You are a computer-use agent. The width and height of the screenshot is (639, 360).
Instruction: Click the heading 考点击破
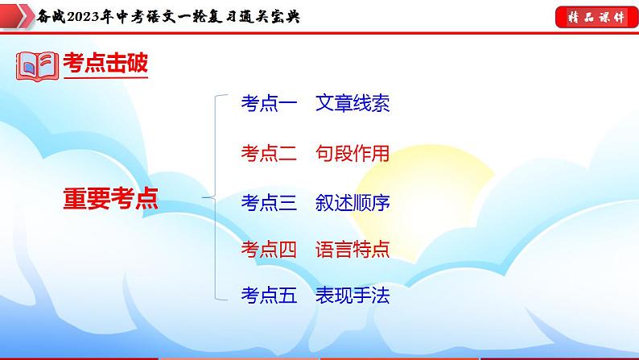tap(105, 64)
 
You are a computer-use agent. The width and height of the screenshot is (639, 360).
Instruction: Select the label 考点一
tap(269, 104)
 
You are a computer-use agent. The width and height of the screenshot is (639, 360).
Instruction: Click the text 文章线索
tap(352, 104)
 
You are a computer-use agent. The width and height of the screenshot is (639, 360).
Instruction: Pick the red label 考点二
tap(269, 153)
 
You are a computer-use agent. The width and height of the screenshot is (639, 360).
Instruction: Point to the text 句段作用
tap(352, 153)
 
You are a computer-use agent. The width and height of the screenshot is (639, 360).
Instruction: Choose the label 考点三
tap(269, 202)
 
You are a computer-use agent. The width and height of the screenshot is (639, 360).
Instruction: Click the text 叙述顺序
tap(352, 202)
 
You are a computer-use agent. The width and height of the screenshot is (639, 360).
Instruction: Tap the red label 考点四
tap(269, 249)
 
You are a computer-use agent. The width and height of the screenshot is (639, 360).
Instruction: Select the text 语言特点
tap(352, 249)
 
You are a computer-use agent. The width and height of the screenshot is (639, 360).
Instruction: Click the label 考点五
tap(269, 296)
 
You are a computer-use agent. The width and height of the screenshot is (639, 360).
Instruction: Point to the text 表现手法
tap(352, 296)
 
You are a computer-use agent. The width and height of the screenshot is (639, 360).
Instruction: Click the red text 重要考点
tap(111, 198)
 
